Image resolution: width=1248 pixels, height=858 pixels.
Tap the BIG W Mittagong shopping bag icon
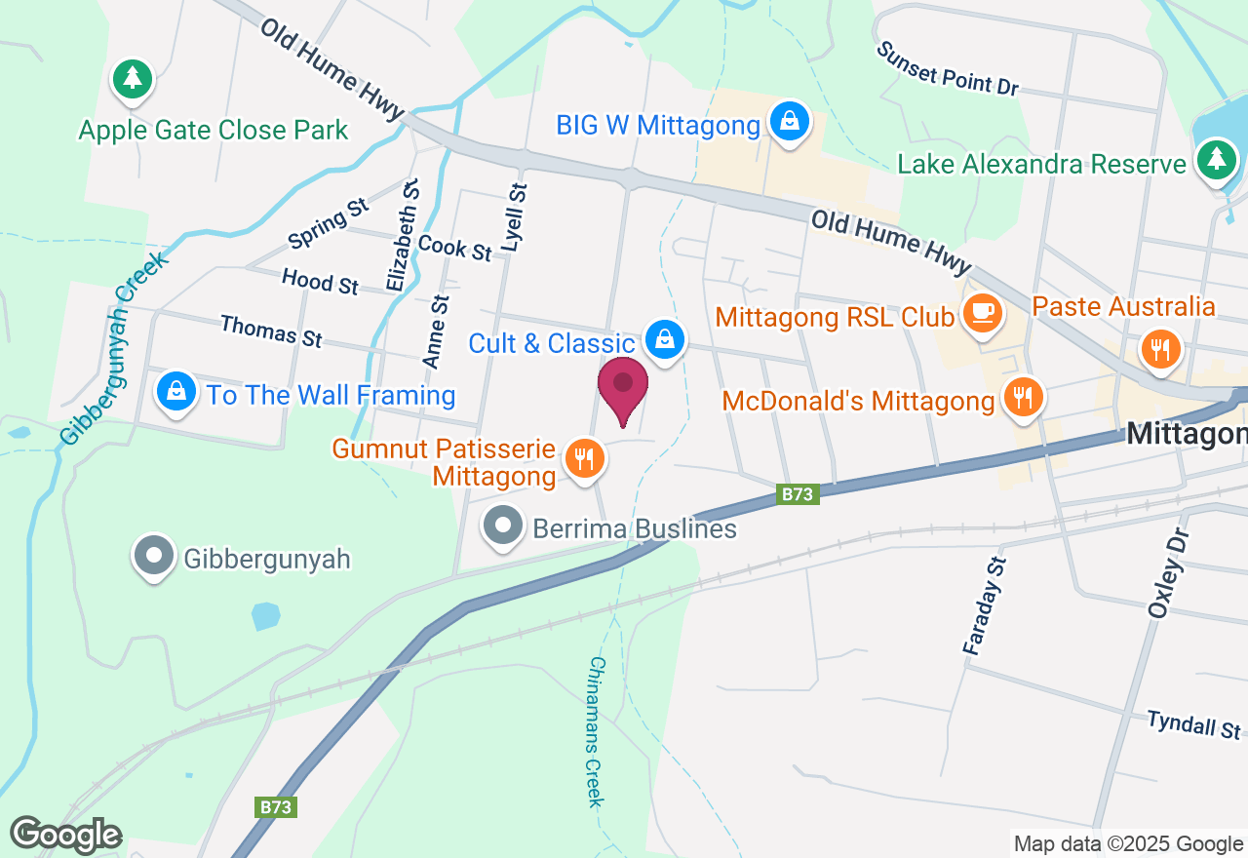pyautogui.click(x=786, y=122)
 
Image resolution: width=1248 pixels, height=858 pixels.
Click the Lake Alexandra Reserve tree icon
pyautogui.click(x=1215, y=160)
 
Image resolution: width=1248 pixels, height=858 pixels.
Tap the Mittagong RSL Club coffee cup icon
pyautogui.click(x=982, y=314)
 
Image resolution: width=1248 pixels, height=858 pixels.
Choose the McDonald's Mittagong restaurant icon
pyautogui.click(x=1021, y=398)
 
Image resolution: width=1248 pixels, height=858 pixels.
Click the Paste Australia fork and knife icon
pyautogui.click(x=1159, y=348)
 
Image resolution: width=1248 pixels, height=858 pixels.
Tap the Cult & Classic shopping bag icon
pyautogui.click(x=664, y=340)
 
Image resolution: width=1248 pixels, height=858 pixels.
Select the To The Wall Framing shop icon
pyautogui.click(x=176, y=393)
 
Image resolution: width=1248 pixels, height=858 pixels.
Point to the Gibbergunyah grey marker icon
pyautogui.click(x=154, y=557)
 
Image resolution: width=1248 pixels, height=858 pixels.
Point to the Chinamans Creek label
pyautogui.click(x=596, y=731)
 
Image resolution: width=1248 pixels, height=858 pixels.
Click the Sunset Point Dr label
pyautogui.click(x=946, y=68)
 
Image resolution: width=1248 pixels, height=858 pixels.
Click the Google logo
pyautogui.click(x=65, y=836)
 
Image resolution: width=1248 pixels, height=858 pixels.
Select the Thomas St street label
pyautogui.click(x=271, y=331)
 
